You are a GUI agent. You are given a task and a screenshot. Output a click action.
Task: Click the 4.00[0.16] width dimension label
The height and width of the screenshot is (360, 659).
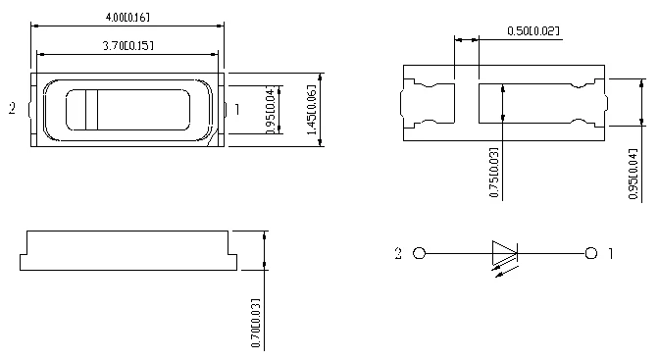click(127, 18)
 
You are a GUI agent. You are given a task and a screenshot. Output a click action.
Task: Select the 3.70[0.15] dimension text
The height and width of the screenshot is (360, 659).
click(128, 45)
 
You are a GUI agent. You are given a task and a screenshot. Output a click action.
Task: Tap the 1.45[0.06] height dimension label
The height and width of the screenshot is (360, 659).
click(312, 110)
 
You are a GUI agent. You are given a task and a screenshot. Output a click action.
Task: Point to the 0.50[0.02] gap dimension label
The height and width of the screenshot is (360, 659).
click(533, 30)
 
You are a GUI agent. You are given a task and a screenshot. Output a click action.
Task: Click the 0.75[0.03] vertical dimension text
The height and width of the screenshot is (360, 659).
click(494, 172)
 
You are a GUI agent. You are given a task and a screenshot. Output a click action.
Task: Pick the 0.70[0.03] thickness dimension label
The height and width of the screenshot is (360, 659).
click(256, 323)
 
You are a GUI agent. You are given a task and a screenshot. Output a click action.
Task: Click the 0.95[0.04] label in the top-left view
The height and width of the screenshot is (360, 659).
click(271, 111)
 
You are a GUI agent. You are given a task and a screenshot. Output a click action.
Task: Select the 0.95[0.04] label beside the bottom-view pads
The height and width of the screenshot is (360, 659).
click(633, 174)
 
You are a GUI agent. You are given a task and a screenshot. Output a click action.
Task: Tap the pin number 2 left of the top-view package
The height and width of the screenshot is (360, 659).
click(12, 109)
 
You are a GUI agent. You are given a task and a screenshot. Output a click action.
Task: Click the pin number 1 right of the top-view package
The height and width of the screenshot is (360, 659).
click(237, 110)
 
